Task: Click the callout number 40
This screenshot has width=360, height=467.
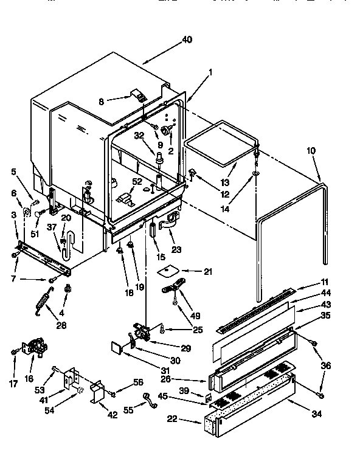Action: point(187,40)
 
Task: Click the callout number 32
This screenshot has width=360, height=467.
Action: point(139,136)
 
